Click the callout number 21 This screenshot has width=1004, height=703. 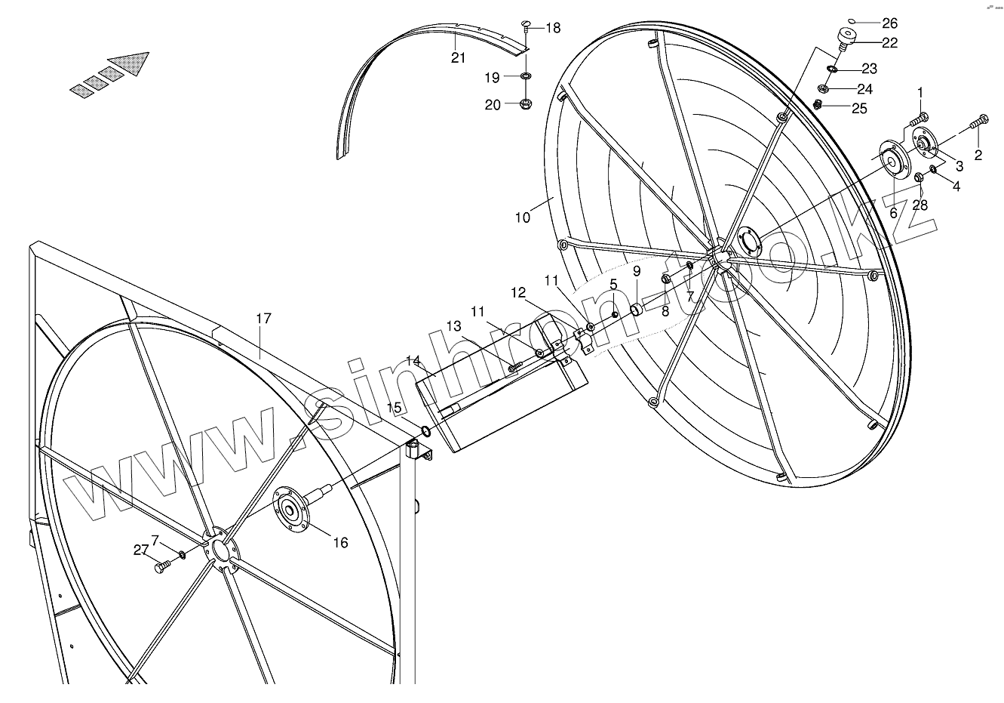point(459,58)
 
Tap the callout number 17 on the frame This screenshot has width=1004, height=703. point(263,319)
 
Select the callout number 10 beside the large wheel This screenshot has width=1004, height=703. point(523,217)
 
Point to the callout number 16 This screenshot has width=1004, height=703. point(340,542)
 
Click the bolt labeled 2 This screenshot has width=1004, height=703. point(981,119)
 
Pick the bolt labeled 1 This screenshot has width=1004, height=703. point(920,118)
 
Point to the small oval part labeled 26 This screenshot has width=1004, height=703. point(851,21)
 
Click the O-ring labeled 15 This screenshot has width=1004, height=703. point(426,431)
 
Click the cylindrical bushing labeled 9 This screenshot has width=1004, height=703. point(636,308)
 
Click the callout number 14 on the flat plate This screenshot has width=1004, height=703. point(412,361)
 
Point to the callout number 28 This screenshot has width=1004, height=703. point(920,205)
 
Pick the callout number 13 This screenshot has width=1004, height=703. point(453,326)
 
